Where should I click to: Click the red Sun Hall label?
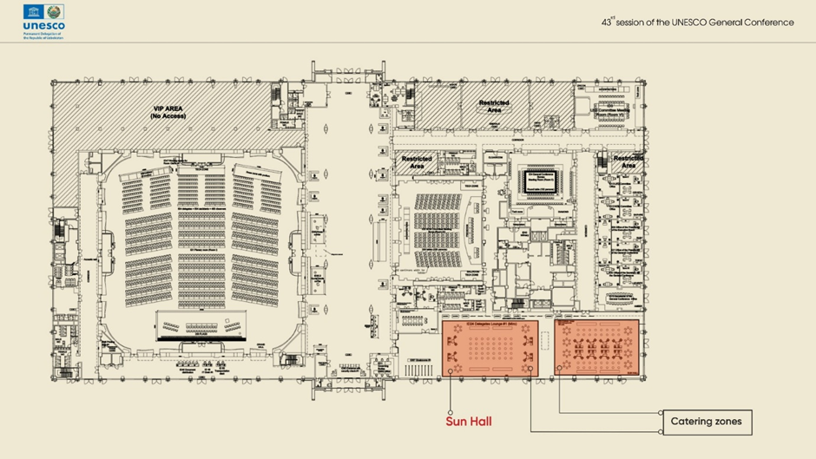tap(470, 422)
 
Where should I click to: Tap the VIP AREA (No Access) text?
tap(168, 112)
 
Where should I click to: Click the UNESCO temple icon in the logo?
tap(32, 11)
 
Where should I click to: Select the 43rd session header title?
tap(697, 23)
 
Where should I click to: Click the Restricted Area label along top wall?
tap(494, 107)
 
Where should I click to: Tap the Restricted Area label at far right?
tap(628, 162)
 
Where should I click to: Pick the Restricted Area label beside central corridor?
tap(417, 163)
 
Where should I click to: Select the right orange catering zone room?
tap(597, 348)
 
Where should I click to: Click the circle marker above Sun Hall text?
tap(451, 411)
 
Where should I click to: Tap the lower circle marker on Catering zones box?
tap(661, 431)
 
